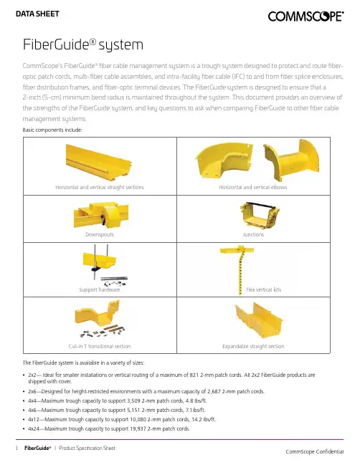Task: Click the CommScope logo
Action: (x=305, y=16)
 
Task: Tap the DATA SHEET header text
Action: (x=37, y=14)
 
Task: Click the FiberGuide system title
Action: (x=83, y=44)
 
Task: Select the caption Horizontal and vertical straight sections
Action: (x=100, y=187)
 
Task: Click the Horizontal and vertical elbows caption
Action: (x=253, y=187)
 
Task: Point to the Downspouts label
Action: (x=100, y=234)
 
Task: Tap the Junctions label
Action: (x=253, y=234)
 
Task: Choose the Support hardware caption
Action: (x=100, y=289)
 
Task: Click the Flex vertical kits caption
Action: (x=263, y=289)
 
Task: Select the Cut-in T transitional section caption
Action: (x=100, y=346)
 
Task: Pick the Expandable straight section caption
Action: (x=253, y=346)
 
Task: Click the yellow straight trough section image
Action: (x=99, y=161)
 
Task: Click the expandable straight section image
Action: (x=258, y=321)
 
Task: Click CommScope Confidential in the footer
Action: (x=315, y=451)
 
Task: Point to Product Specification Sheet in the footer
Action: (x=87, y=448)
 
